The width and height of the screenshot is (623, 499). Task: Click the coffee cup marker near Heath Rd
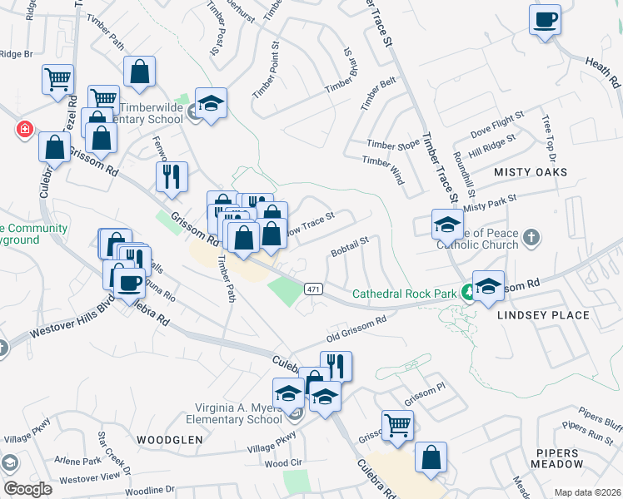point(545,20)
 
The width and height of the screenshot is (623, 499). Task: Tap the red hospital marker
point(25,130)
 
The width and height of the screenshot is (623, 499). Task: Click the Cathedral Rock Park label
point(406,294)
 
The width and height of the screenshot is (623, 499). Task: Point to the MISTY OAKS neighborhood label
point(531,172)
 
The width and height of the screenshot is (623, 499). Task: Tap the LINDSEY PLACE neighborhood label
point(543,315)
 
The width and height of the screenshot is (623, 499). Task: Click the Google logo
point(27,489)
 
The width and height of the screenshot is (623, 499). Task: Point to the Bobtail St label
point(349,247)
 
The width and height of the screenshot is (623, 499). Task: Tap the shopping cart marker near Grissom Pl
point(398,425)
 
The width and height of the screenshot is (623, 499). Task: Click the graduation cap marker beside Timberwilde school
point(212,103)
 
